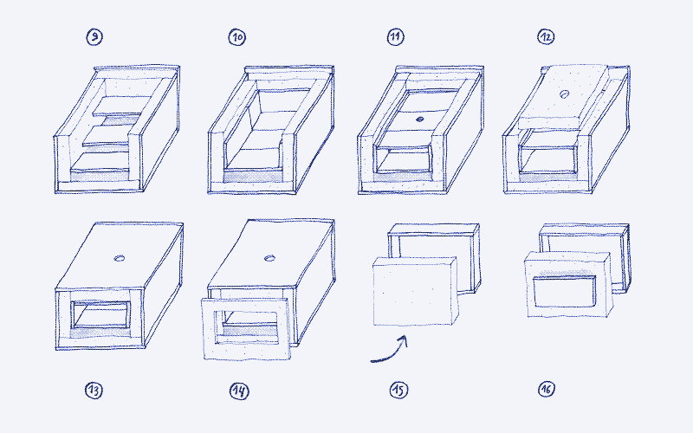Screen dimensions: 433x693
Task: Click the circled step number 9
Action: [94, 36]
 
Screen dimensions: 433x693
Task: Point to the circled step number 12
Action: [545, 36]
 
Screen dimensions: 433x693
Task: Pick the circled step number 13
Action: [94, 390]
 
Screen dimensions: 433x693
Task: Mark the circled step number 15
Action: [398, 390]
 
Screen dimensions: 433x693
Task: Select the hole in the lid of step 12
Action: [563, 94]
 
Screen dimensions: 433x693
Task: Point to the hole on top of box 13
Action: [119, 257]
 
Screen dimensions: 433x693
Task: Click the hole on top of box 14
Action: [270, 257]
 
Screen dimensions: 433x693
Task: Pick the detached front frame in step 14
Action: [245, 329]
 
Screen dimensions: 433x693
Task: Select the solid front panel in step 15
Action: [412, 292]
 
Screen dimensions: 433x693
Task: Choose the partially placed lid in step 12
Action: [563, 94]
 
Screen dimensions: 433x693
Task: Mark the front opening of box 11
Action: [403, 160]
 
